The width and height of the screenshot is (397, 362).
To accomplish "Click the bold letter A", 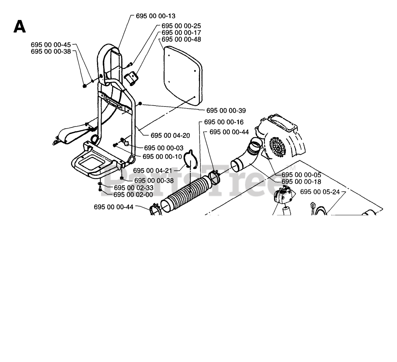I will pyautogui.click(x=19, y=27).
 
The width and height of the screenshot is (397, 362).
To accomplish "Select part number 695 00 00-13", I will pyautogui.click(x=155, y=16).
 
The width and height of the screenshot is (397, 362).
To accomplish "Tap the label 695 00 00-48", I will pyautogui.click(x=181, y=39).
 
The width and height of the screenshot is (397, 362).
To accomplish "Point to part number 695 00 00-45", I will pyautogui.click(x=51, y=44).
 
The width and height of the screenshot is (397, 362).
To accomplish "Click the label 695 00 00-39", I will pyautogui.click(x=226, y=111).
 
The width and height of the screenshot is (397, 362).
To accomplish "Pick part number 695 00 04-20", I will pyautogui.click(x=170, y=135).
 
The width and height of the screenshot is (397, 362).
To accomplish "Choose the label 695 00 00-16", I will pyautogui.click(x=224, y=122).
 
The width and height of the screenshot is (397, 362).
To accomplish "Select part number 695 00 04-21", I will pyautogui.click(x=153, y=170).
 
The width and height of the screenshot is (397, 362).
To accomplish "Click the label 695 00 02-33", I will pyautogui.click(x=133, y=188).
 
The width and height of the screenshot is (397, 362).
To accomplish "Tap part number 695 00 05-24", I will pyautogui.click(x=320, y=192).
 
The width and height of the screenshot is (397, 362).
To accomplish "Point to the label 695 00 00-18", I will pyautogui.click(x=301, y=182).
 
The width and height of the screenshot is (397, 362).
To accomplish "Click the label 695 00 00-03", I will pyautogui.click(x=163, y=148).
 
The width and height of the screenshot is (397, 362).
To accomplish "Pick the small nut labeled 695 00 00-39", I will pyautogui.click(x=140, y=103).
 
